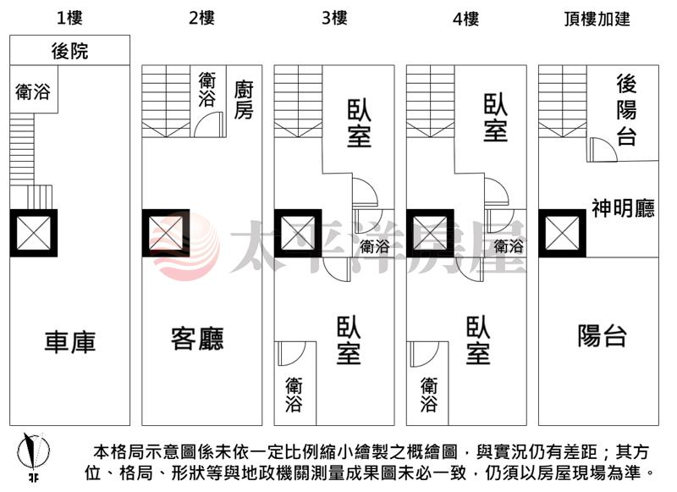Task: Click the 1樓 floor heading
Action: click(x=70, y=17)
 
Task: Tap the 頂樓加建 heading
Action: click(x=597, y=19)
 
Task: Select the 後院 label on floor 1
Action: click(x=69, y=51)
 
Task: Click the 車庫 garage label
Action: click(x=70, y=341)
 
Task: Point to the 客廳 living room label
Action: click(x=197, y=339)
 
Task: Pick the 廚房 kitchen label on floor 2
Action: click(x=244, y=100)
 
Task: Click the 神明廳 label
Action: click(x=623, y=208)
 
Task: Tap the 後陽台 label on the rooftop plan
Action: click(x=626, y=110)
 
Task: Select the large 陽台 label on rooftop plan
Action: click(x=602, y=336)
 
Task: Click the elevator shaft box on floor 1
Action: click(x=33, y=233)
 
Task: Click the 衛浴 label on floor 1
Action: click(x=32, y=92)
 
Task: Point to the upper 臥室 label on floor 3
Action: click(x=359, y=124)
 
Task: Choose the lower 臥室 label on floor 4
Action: click(x=477, y=340)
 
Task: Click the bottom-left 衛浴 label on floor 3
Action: click(x=294, y=394)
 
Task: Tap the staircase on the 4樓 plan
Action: click(x=430, y=101)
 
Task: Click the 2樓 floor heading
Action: click(x=201, y=17)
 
